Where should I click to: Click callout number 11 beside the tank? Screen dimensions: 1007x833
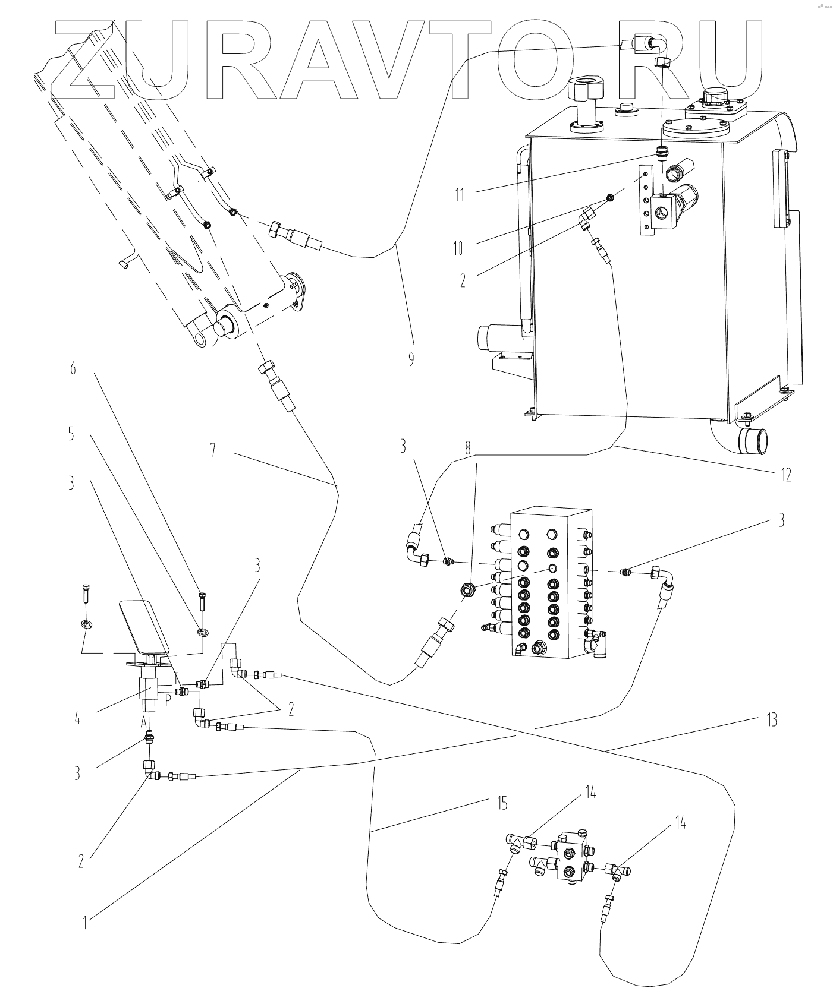point(460,194)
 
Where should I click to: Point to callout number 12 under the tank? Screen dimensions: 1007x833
point(786,475)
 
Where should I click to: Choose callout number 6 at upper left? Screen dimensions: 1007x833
point(73,369)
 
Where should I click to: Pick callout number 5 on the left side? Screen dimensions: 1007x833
point(71,435)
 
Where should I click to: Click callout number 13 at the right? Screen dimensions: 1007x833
point(771,720)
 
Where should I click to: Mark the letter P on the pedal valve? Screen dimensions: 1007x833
point(168,699)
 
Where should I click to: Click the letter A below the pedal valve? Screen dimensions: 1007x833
point(143,723)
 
